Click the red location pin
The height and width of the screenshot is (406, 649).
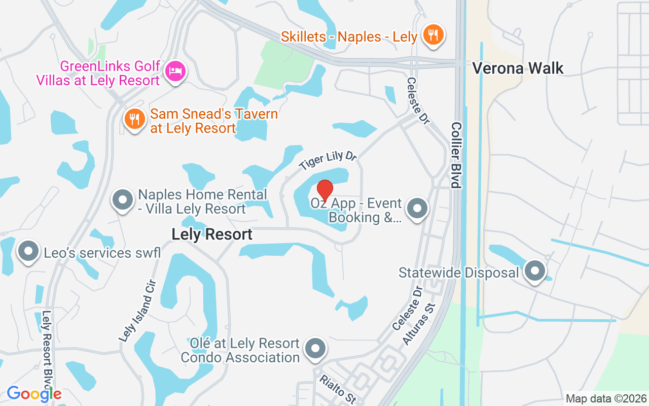click(324, 190)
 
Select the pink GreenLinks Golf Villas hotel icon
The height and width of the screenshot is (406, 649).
click(175, 71)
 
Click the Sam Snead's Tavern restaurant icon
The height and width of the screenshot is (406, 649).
click(134, 119)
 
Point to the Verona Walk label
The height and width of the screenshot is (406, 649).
click(518, 68)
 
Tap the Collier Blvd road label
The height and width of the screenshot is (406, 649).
click(456, 155)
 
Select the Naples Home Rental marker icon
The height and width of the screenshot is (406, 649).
click(122, 200)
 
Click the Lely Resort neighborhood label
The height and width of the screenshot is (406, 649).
click(212, 234)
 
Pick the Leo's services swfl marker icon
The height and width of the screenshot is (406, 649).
click(28, 251)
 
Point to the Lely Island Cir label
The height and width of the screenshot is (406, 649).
click(135, 311)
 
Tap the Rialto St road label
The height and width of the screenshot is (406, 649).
click(337, 389)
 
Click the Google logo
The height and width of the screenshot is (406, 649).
click(34, 394)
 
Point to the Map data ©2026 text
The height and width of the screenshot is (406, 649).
click(606, 399)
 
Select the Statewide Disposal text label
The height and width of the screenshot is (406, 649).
click(459, 273)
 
